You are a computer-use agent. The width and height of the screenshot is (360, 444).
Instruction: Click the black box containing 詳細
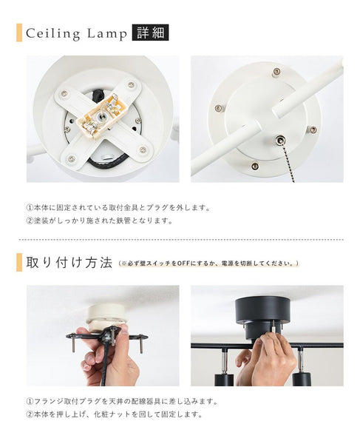[150, 33]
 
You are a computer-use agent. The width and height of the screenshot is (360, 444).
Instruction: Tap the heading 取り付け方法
[69, 263]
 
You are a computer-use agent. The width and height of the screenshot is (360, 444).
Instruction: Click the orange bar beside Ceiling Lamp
[18, 33]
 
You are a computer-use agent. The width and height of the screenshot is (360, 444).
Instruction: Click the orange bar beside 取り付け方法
[18, 262]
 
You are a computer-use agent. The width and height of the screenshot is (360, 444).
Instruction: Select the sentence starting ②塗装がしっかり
[98, 221]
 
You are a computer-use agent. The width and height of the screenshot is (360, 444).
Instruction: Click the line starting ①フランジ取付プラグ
[122, 401]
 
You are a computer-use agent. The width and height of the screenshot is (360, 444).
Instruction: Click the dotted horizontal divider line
[180, 240]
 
